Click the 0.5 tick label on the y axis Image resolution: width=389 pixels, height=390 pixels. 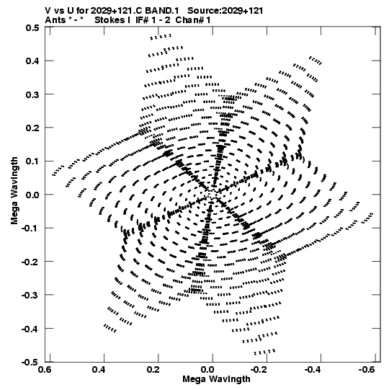(x=32, y=27)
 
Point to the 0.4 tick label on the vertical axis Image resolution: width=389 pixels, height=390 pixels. (x=32, y=61)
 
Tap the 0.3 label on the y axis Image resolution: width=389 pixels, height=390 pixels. (x=32, y=94)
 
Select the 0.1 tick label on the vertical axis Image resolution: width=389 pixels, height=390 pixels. (x=32, y=161)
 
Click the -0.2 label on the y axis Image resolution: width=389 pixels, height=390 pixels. (x=30, y=262)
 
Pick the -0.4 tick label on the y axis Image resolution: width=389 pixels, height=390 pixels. (x=30, y=329)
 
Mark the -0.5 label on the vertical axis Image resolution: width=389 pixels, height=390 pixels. (x=30, y=362)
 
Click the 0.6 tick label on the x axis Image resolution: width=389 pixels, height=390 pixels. (x=45, y=369)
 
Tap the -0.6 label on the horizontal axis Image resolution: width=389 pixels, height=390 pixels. (x=367, y=369)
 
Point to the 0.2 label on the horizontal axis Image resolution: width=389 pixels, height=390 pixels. (x=153, y=369)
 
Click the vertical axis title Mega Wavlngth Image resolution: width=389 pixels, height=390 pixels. (x=14, y=191)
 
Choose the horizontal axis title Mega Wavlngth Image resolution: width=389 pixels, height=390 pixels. (x=216, y=379)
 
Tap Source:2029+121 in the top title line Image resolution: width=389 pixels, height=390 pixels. (x=225, y=11)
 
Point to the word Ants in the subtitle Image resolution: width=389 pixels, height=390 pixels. (x=55, y=20)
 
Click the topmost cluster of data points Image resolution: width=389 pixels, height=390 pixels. (x=161, y=37)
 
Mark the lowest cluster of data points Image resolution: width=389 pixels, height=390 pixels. (x=264, y=352)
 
